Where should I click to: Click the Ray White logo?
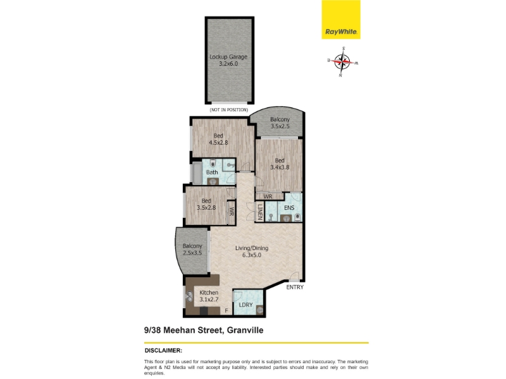[x=341, y=20]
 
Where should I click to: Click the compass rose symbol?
[x=343, y=61]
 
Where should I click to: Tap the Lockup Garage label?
[x=228, y=60]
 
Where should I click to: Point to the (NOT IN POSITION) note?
[x=229, y=110]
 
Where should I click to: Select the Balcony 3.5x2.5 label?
[x=280, y=123]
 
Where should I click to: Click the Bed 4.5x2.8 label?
[x=218, y=139]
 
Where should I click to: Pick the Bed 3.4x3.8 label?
[x=280, y=164]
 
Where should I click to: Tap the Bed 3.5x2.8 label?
[x=206, y=204]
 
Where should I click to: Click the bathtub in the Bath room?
[x=197, y=173]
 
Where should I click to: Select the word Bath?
[x=212, y=172]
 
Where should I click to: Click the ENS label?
[x=289, y=208]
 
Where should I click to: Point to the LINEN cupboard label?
[x=260, y=212]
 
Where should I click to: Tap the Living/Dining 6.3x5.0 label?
[x=252, y=251]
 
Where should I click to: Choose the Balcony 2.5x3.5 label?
[x=192, y=250]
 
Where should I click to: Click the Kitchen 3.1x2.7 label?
[x=209, y=296]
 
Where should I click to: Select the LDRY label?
[x=245, y=305]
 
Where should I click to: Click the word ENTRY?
[x=295, y=287]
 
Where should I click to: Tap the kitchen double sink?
[x=189, y=296]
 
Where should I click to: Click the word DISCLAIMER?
[x=163, y=351]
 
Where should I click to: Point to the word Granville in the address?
[x=245, y=330]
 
